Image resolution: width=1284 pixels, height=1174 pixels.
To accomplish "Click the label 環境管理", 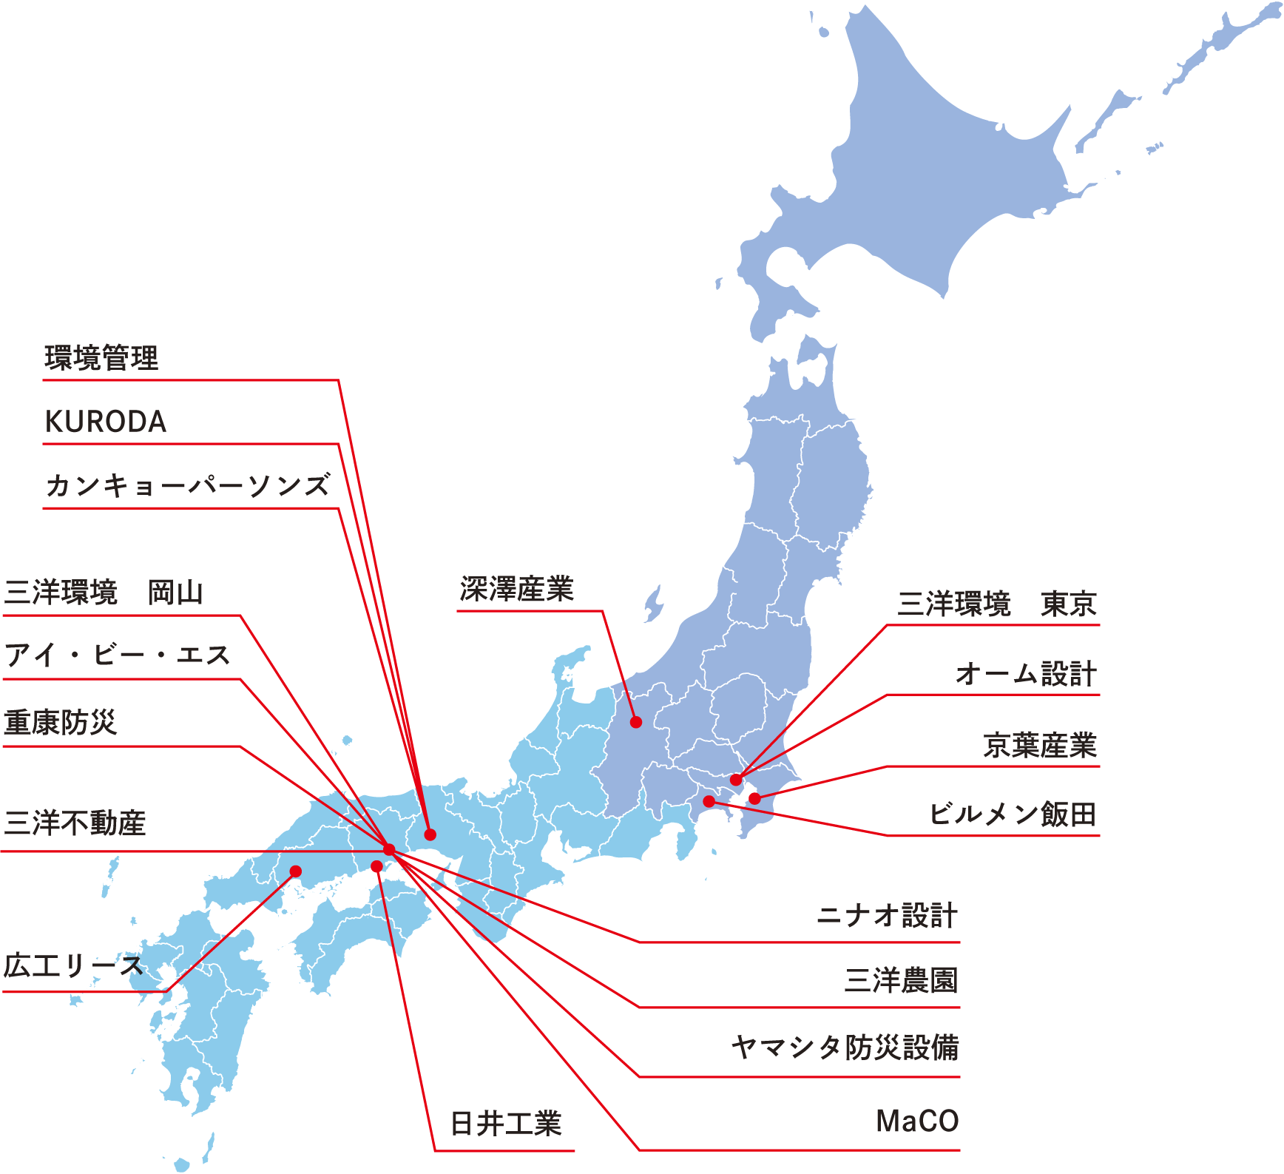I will (101, 358).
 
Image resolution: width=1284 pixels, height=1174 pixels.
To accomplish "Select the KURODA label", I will (106, 422).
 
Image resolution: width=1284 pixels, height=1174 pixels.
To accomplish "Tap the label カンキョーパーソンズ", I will (187, 486).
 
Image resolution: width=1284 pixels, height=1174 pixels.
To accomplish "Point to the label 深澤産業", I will (516, 589).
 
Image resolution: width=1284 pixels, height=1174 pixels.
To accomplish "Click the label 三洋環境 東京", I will (996, 604).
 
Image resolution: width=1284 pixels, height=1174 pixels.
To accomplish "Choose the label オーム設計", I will (1025, 674).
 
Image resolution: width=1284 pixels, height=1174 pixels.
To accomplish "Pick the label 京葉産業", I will (1040, 745).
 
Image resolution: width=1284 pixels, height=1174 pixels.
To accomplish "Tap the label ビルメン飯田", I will (1013, 814).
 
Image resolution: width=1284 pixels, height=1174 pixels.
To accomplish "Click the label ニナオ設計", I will (887, 916).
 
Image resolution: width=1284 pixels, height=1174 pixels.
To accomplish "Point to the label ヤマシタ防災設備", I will (845, 1048).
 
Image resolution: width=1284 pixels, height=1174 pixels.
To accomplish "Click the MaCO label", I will (917, 1121).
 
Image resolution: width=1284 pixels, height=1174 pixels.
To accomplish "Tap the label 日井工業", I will (506, 1124).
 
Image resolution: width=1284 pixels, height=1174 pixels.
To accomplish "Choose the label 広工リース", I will (72, 965).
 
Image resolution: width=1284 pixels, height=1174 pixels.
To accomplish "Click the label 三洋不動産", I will (75, 823).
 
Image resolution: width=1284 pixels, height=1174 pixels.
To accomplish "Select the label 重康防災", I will (61, 722).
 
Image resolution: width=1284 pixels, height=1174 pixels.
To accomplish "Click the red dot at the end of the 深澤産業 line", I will (635, 722).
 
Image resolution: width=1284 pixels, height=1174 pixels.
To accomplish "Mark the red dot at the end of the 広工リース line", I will (296, 871).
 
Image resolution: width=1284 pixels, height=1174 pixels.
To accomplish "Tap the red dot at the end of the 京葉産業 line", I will (754, 798).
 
